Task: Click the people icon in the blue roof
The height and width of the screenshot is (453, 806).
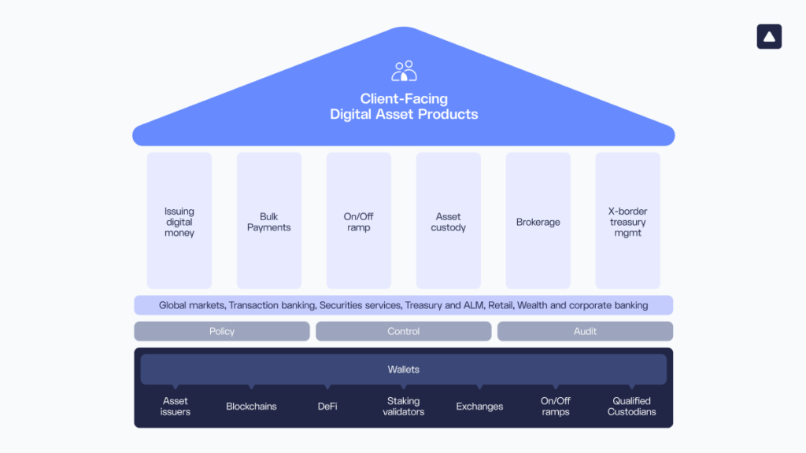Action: pyautogui.click(x=404, y=71)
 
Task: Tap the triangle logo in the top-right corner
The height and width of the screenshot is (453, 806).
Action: pyautogui.click(x=769, y=37)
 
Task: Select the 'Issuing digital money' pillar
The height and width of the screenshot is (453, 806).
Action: pyautogui.click(x=179, y=222)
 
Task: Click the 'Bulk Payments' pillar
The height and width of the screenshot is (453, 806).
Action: pyautogui.click(x=269, y=222)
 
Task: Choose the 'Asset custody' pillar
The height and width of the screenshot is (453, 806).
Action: pyautogui.click(x=449, y=222)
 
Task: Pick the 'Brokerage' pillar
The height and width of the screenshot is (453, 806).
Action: pyautogui.click(x=538, y=222)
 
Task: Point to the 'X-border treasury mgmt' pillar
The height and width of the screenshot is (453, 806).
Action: pyautogui.click(x=628, y=222)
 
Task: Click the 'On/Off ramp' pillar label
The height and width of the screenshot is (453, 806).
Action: pyautogui.click(x=359, y=223)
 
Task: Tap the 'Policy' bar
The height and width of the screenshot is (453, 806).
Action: pyautogui.click(x=222, y=331)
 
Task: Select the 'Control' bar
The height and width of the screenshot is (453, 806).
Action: pyautogui.click(x=404, y=331)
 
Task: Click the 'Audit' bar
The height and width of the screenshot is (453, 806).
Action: pyautogui.click(x=585, y=331)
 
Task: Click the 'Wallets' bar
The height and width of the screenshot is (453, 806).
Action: pyautogui.click(x=404, y=369)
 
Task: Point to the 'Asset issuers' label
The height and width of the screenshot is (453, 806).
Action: pyautogui.click(x=176, y=407)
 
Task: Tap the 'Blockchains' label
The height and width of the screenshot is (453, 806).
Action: pyautogui.click(x=251, y=407)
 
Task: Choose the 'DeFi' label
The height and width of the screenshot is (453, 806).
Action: pyautogui.click(x=327, y=407)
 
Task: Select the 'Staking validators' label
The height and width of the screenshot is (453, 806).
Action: pyautogui.click(x=404, y=407)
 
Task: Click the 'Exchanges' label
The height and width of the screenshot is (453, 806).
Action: pyautogui.click(x=479, y=407)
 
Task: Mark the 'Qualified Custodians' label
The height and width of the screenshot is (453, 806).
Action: pyautogui.click(x=631, y=407)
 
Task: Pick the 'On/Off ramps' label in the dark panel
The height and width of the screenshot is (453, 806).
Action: pyautogui.click(x=556, y=407)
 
